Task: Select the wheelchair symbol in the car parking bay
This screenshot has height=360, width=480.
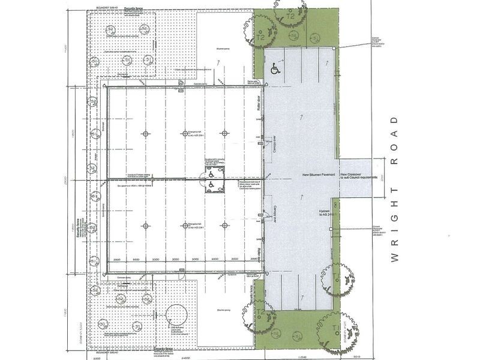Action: (x=275, y=70)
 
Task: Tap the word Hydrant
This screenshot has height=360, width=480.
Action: (x=325, y=212)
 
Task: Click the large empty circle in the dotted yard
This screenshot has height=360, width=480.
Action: (x=178, y=316)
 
